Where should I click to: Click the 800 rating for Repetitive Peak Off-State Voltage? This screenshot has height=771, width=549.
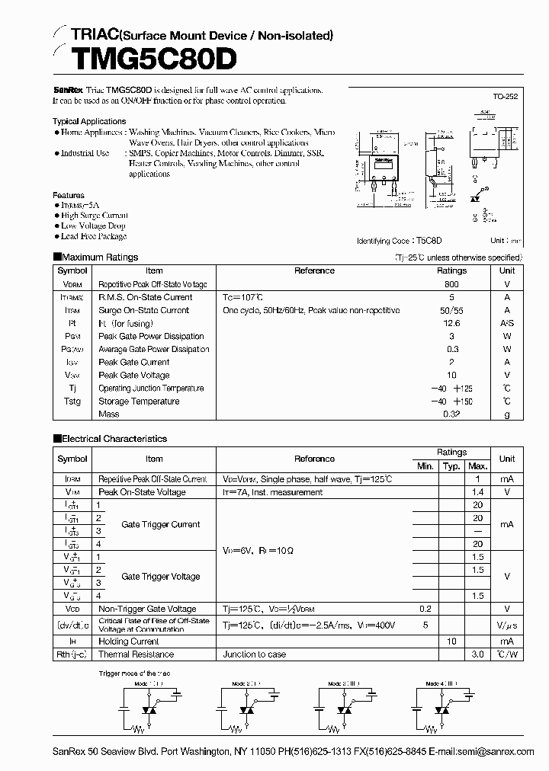451,283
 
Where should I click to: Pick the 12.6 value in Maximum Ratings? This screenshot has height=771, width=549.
451,323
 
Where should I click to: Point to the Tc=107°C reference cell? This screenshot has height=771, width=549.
242,297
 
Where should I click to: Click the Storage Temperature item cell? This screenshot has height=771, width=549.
139,401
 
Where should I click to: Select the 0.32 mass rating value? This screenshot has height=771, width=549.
451,414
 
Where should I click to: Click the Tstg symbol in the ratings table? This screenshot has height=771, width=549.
72,401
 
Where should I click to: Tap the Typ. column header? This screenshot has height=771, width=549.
451,466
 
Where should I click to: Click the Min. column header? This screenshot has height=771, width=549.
425,466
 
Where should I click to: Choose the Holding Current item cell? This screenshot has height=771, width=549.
129,642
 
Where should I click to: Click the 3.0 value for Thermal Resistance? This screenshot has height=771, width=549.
478,654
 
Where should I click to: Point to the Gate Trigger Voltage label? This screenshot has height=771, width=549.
161,577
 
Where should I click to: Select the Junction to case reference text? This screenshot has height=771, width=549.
255,654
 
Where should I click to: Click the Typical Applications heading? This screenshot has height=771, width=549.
89,121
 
